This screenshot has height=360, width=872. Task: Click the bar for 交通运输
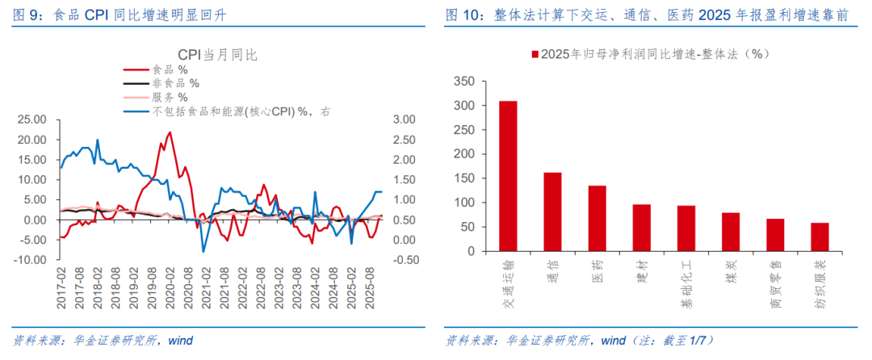click(508, 176)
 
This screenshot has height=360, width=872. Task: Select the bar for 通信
click(552, 211)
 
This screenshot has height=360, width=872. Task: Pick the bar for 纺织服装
click(819, 237)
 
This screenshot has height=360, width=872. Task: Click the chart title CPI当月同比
click(217, 54)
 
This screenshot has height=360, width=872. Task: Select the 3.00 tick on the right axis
click(404, 119)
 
